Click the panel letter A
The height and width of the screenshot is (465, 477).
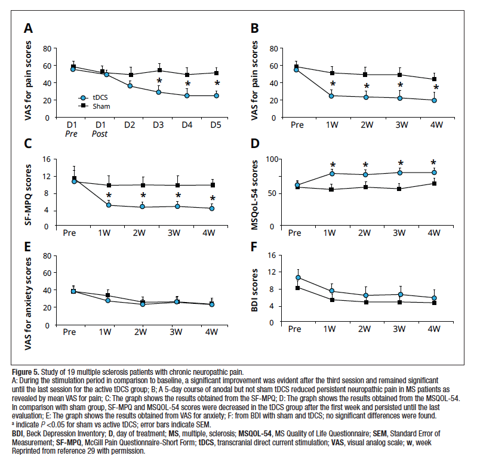pyautogui.click(x=28, y=28)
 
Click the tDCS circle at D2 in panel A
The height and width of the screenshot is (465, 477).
pyautogui.click(x=130, y=86)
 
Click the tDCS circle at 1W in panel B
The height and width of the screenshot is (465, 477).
pyautogui.click(x=331, y=96)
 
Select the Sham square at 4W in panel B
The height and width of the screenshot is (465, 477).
pyautogui.click(x=435, y=79)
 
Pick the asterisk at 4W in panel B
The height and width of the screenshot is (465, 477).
pyautogui.click(x=436, y=88)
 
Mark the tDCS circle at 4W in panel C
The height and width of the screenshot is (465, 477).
pyautogui.click(x=213, y=208)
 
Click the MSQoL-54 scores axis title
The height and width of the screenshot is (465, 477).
pyautogui.click(x=256, y=193)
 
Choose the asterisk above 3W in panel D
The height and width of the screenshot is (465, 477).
pyautogui.click(x=401, y=164)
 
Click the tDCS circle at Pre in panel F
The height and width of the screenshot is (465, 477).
pyautogui.click(x=297, y=278)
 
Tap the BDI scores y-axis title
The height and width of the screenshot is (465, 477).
pyautogui.click(x=256, y=289)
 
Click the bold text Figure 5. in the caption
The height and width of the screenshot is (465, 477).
pyautogui.click(x=29, y=372)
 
